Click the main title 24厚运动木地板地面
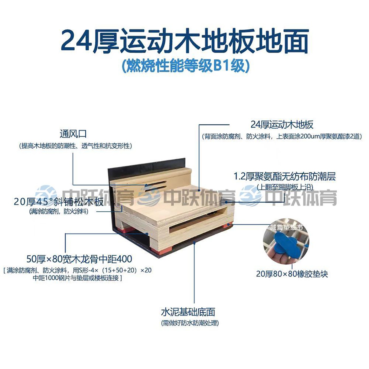(x=184, y=41)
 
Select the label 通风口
(x=73, y=134)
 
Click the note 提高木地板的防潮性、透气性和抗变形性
(x=75, y=146)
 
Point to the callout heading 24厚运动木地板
(x=282, y=125)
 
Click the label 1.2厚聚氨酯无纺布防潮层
(x=285, y=176)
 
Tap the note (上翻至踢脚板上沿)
(x=285, y=187)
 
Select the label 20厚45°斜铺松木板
(x=59, y=202)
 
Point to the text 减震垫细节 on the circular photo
(x=287, y=228)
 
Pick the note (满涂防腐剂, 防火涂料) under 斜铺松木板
(x=59, y=212)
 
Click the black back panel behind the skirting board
(x=147, y=165)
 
